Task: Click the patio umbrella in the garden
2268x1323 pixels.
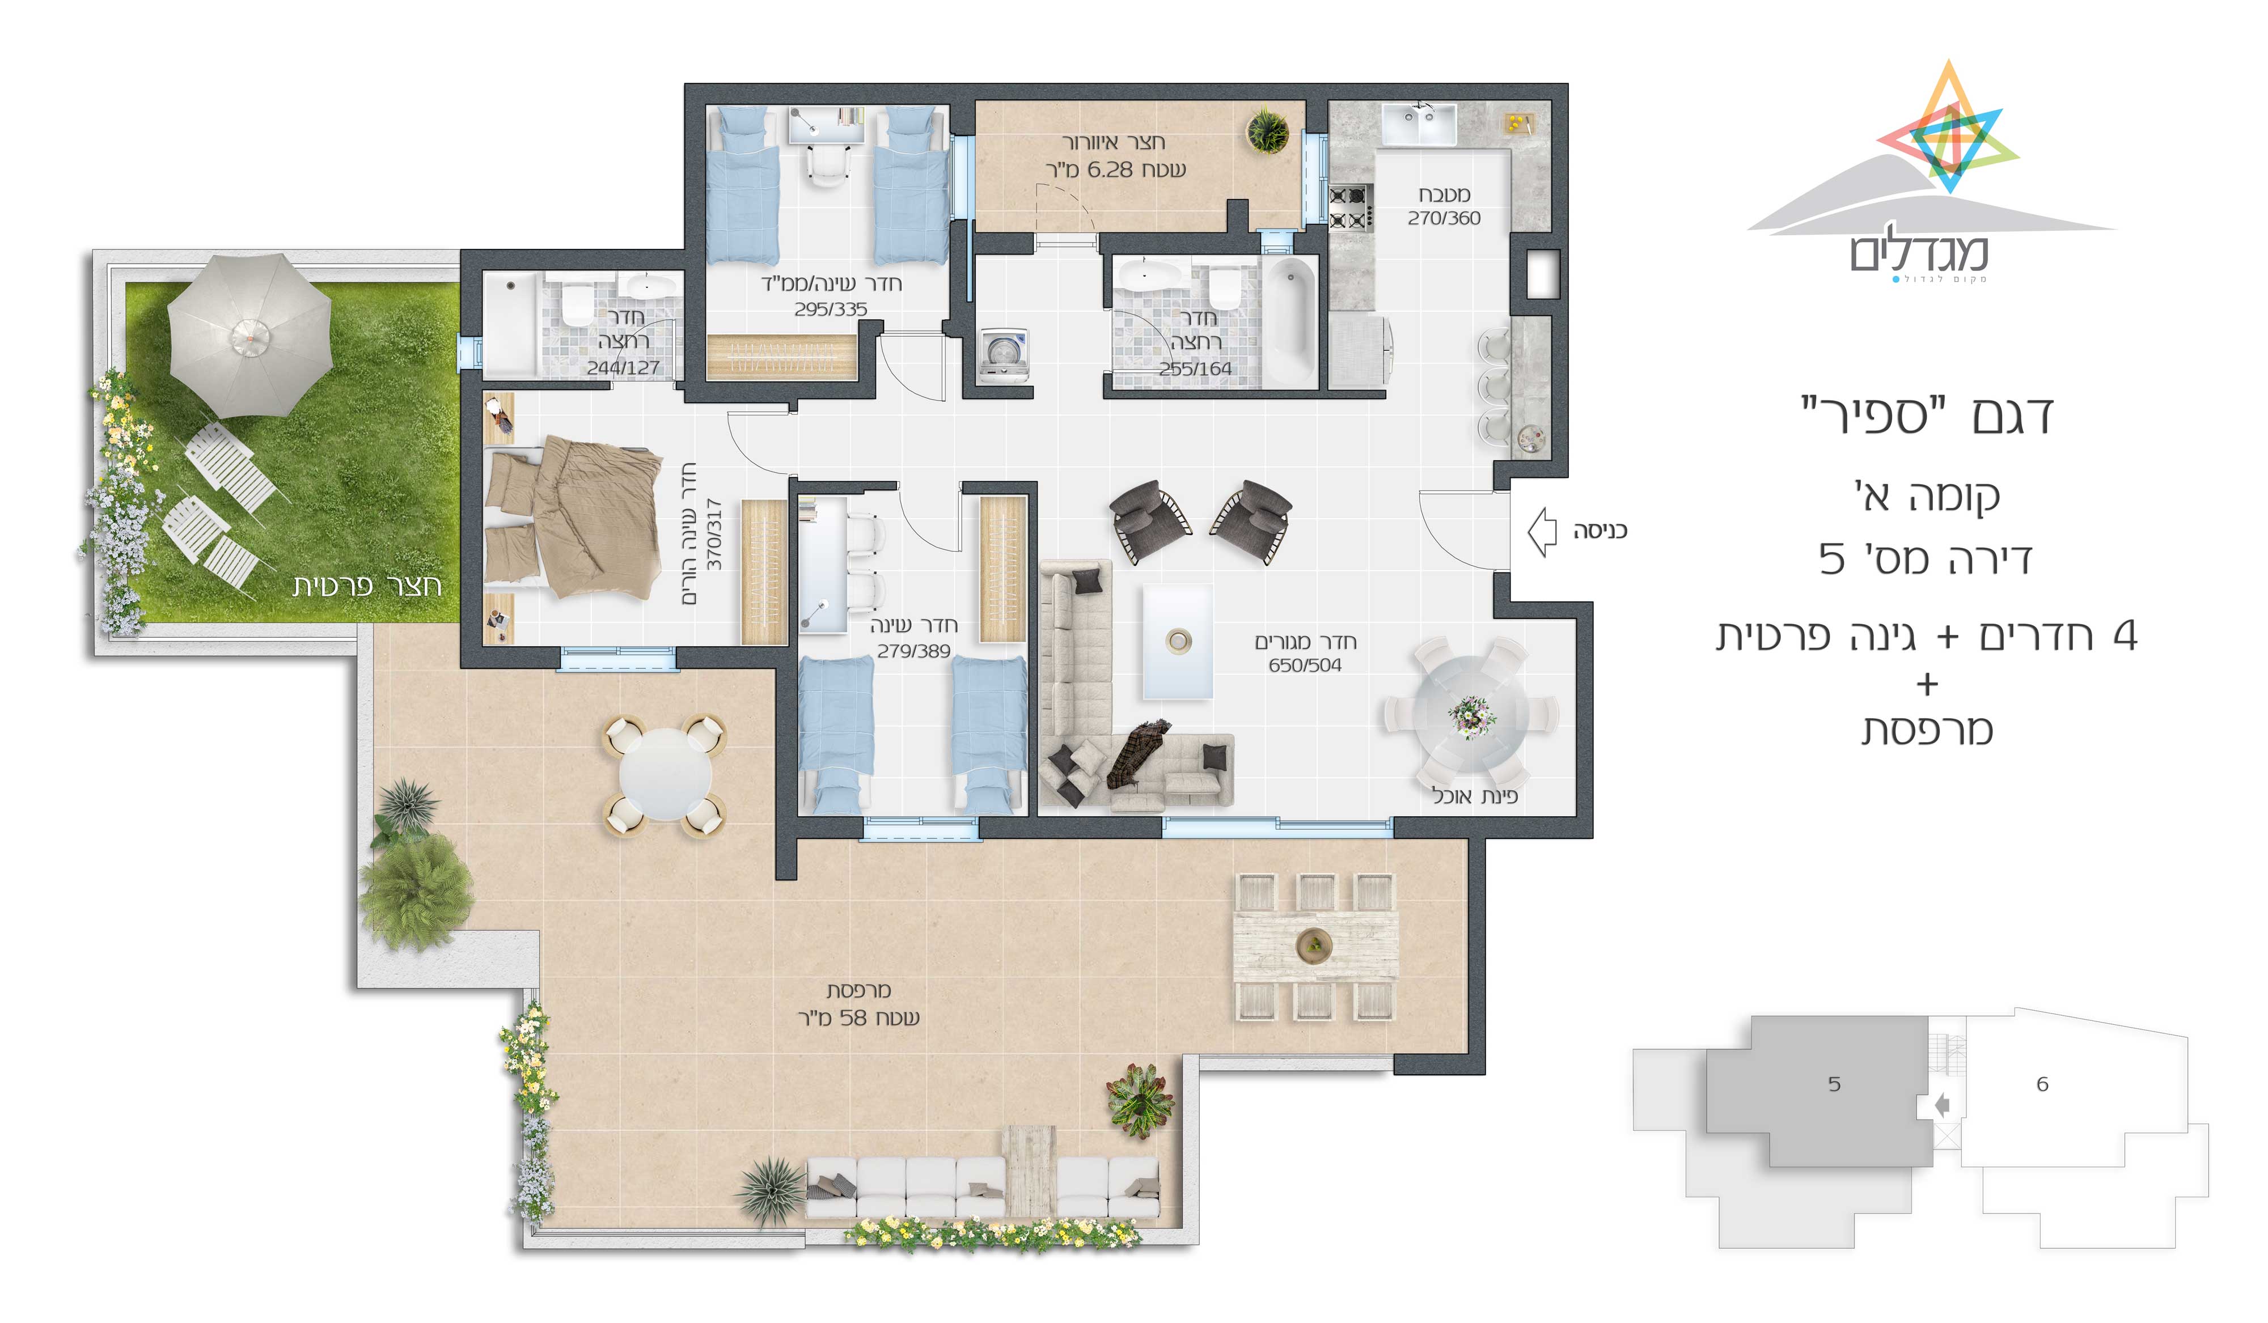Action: point(249,336)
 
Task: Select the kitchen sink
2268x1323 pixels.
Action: point(1419,124)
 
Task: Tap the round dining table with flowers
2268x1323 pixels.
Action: point(1470,714)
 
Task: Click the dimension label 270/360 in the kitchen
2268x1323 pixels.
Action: point(1444,218)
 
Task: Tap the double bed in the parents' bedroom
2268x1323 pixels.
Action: point(573,516)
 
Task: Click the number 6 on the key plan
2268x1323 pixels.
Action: point(2042,1084)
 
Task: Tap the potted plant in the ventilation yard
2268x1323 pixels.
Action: point(1267,130)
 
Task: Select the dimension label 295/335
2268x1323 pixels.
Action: point(830,309)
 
